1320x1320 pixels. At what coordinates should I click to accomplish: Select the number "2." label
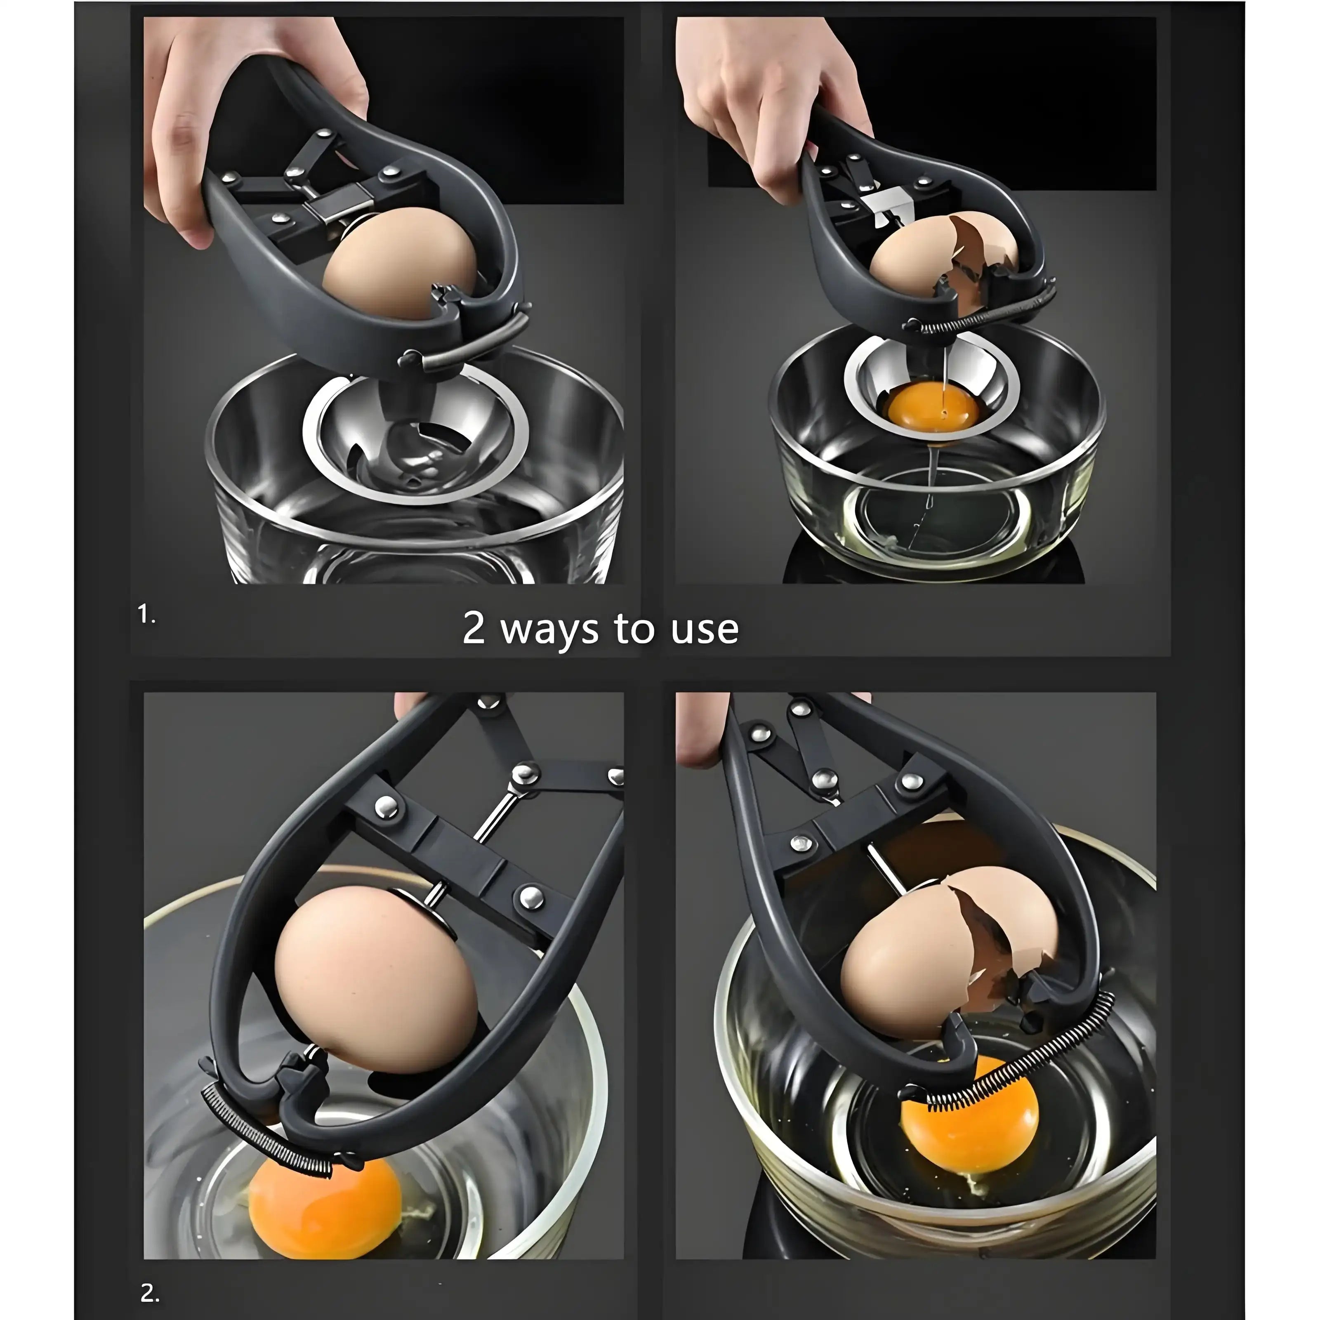(150, 1273)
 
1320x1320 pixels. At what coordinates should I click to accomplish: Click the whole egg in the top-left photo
(400, 266)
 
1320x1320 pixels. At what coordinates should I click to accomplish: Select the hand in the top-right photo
(765, 96)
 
